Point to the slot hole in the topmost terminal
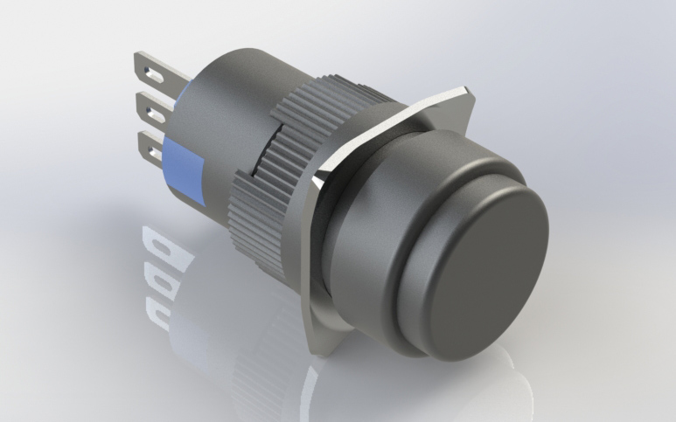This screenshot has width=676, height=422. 150,66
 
